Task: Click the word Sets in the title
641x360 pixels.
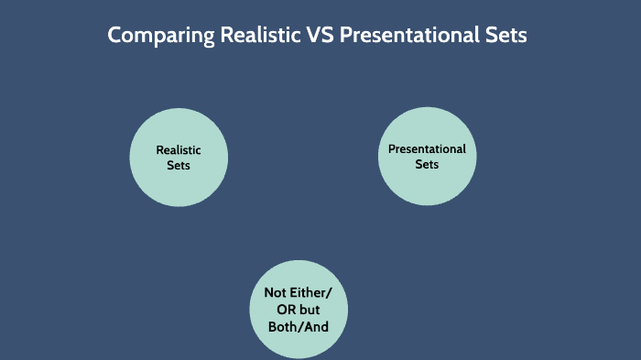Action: (x=508, y=36)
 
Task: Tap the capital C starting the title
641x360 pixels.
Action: (x=114, y=36)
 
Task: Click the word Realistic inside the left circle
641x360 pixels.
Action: (x=179, y=150)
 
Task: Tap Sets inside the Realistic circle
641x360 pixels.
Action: (x=179, y=166)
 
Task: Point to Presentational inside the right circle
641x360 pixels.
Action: (x=427, y=149)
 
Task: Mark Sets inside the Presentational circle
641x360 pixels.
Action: (x=427, y=165)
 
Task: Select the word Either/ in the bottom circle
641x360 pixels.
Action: (x=311, y=293)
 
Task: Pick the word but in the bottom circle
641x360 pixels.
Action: (x=310, y=310)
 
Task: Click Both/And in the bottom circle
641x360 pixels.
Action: (x=299, y=325)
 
